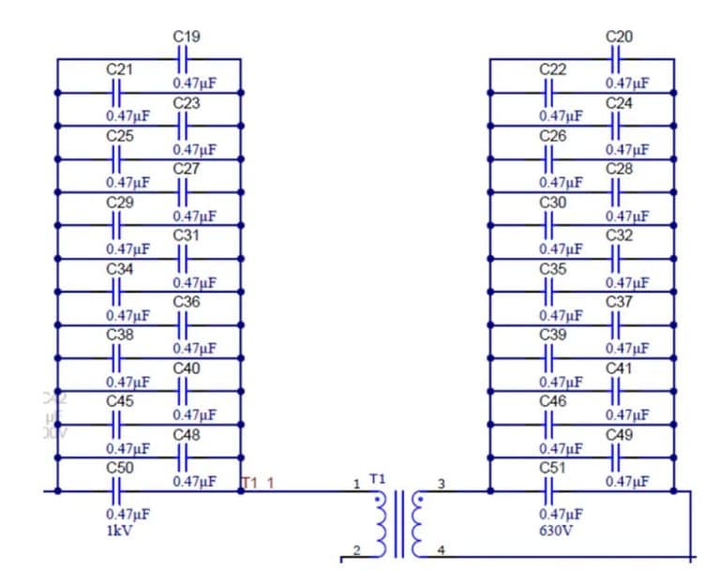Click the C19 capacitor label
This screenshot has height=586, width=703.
(x=187, y=37)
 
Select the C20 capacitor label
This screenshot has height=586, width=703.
(x=620, y=37)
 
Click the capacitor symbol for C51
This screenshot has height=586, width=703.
(x=551, y=490)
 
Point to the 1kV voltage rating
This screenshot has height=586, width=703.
(x=118, y=530)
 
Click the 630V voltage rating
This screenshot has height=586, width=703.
(x=554, y=530)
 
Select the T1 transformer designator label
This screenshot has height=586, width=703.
(x=378, y=478)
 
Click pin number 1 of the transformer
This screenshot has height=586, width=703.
(x=356, y=484)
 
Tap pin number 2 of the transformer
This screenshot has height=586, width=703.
(x=356, y=550)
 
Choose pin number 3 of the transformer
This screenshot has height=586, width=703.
(x=441, y=484)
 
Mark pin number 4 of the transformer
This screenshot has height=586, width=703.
(x=441, y=550)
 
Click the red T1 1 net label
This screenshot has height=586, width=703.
(x=258, y=483)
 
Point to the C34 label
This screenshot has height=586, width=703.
(x=119, y=269)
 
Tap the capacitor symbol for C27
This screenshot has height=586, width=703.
(x=184, y=192)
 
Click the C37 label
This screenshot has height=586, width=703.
(x=620, y=302)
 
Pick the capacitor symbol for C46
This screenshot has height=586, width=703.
(x=551, y=425)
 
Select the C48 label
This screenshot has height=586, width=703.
(x=187, y=435)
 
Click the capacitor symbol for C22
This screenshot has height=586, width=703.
(x=551, y=92)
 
